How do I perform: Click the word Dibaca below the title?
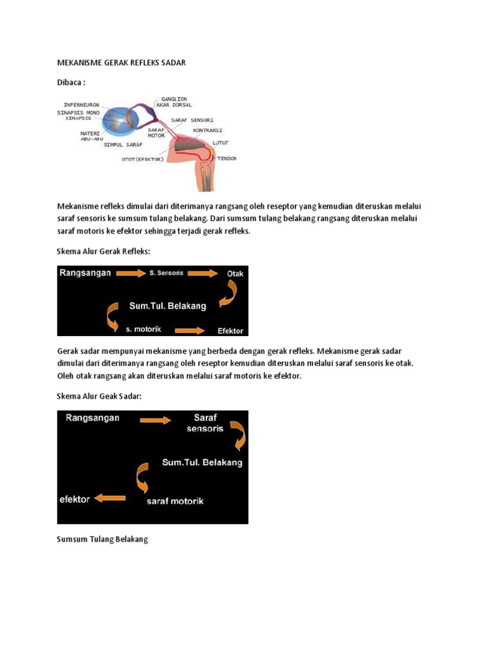pyautogui.click(x=70, y=82)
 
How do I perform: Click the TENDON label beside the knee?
pyautogui.click(x=227, y=158)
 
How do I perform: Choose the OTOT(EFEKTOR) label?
pyautogui.click(x=142, y=159)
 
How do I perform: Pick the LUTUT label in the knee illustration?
pyautogui.click(x=220, y=144)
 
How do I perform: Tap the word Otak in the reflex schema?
pyautogui.click(x=235, y=273)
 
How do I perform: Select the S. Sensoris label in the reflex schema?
pyautogui.click(x=166, y=273)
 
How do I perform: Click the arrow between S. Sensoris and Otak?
pyautogui.click(x=202, y=273)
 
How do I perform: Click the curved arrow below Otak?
pyautogui.click(x=228, y=292)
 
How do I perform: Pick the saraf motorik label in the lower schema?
pyautogui.click(x=175, y=501)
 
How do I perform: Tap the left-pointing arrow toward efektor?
pyautogui.click(x=109, y=499)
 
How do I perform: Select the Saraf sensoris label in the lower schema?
pyautogui.click(x=204, y=423)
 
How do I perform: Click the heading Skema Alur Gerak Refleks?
pyautogui.click(x=104, y=251)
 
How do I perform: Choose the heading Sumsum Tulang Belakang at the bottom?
pyautogui.click(x=102, y=539)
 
